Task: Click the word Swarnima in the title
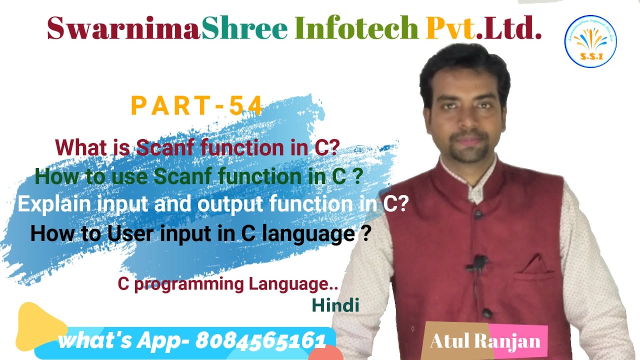(x=123, y=28)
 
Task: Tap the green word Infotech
(x=356, y=28)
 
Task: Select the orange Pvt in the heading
(x=450, y=28)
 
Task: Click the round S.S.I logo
(x=590, y=41)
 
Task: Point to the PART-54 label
(x=196, y=106)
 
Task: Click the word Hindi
(x=335, y=305)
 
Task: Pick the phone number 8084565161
(x=260, y=341)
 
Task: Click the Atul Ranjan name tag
(x=485, y=341)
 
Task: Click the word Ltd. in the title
(x=516, y=28)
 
